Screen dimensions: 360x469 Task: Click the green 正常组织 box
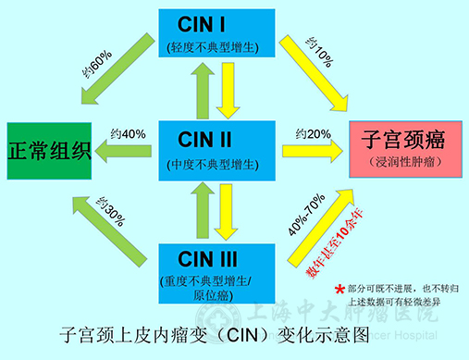[50, 150]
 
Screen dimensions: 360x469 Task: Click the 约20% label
[313, 134]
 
